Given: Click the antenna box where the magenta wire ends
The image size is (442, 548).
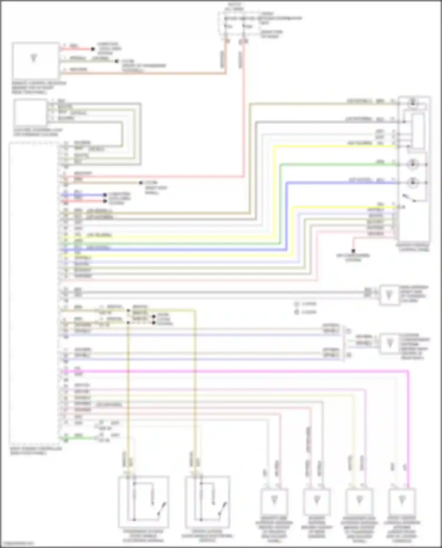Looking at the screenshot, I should [x=401, y=501].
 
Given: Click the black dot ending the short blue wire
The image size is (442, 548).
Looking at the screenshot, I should [x=105, y=195].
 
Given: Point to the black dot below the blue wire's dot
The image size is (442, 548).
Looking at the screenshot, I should [x=105, y=201].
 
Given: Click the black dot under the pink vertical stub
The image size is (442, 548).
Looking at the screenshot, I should [x=353, y=251].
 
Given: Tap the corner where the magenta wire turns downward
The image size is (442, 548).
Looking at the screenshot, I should [x=408, y=372].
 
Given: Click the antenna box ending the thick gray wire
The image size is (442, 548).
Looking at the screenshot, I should [x=389, y=295].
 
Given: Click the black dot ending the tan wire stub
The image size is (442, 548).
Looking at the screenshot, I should [x=141, y=183].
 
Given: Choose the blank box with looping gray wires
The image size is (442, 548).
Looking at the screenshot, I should [x=30, y=112].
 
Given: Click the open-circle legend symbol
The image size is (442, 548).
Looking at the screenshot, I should [x=297, y=304].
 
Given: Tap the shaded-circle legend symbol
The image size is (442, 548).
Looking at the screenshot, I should [x=297, y=312].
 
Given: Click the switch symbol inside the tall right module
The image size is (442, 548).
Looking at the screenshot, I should [x=410, y=198].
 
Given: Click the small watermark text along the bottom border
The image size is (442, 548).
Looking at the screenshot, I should [x=18, y=543].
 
